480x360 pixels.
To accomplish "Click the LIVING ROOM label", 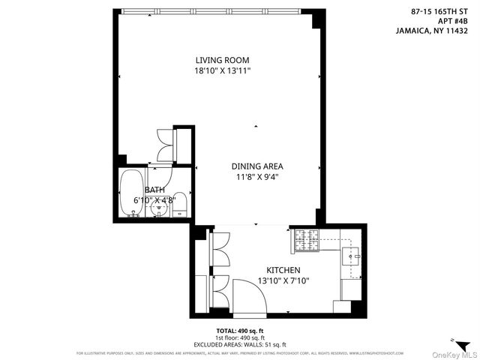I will coord(222,60).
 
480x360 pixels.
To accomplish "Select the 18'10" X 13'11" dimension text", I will coord(222,70).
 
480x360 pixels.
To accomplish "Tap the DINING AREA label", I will coord(257,166).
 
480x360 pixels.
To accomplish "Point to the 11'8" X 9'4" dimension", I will coord(257,178).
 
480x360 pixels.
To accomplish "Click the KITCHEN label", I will coord(283,270).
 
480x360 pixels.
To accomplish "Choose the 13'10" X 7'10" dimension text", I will coord(283,280).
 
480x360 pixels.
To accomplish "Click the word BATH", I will coord(154,190).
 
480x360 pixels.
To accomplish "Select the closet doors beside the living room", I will coord(164,142).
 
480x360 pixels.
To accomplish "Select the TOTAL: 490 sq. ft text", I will coord(239,331).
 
